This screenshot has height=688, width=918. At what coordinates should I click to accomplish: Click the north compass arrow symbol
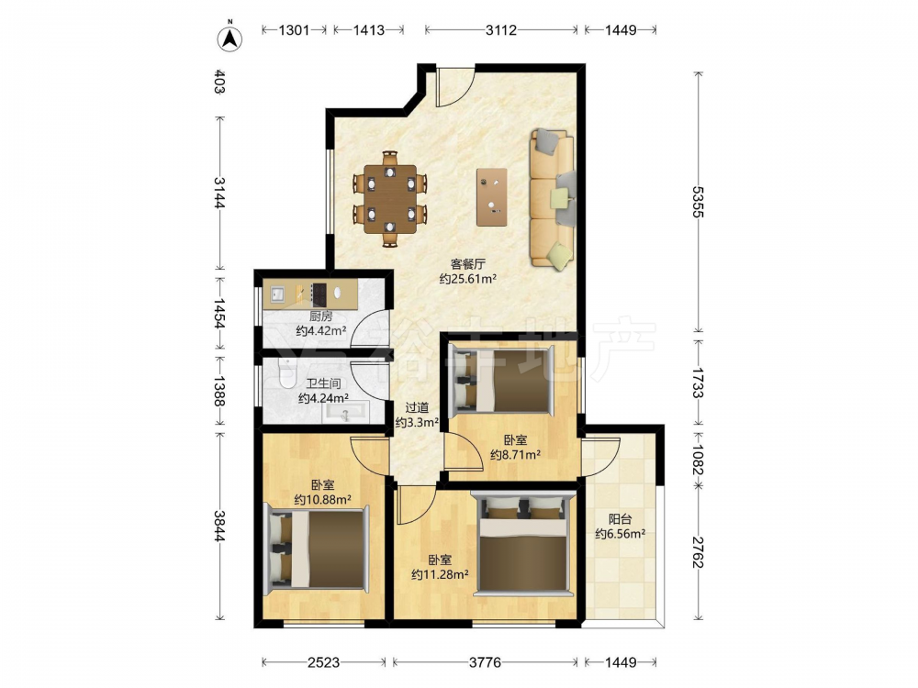[230, 38]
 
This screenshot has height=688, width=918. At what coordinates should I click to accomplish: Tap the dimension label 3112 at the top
[500, 30]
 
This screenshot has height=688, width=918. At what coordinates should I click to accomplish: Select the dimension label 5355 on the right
[698, 202]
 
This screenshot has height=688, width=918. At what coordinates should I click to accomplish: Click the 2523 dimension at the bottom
[323, 662]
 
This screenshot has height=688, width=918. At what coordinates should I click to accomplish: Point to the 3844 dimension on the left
[219, 526]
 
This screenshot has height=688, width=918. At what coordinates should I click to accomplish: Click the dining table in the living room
[390, 199]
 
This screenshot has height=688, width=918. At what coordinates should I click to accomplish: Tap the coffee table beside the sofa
[492, 197]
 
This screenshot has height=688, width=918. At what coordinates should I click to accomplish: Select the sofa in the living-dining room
[552, 199]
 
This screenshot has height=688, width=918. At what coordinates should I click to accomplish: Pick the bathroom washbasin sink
[345, 413]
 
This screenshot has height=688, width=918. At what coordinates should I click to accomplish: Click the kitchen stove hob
[319, 294]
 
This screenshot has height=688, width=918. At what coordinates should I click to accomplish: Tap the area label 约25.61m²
[468, 279]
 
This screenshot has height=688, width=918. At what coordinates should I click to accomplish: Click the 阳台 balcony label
[620, 519]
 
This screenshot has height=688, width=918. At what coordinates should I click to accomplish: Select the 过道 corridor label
[417, 408]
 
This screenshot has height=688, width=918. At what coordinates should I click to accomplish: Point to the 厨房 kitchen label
[320, 316]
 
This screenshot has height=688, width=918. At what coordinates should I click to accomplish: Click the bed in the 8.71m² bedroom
[502, 381]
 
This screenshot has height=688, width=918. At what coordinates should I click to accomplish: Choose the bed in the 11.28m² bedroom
[523, 543]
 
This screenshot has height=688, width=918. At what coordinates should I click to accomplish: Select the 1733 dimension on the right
[698, 383]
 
